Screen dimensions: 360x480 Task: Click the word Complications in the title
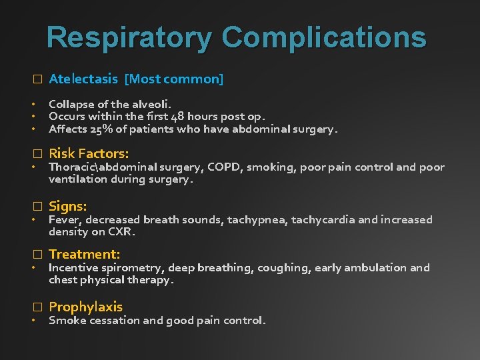(x=324, y=37)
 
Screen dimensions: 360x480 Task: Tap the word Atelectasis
(x=83, y=79)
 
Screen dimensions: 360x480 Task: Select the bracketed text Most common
(x=174, y=79)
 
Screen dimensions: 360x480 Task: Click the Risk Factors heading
(x=89, y=153)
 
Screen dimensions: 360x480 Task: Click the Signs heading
(x=67, y=207)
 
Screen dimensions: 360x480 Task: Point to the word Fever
(x=63, y=220)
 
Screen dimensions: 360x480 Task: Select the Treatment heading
(x=84, y=254)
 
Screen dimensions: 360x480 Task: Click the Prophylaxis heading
(x=85, y=307)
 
